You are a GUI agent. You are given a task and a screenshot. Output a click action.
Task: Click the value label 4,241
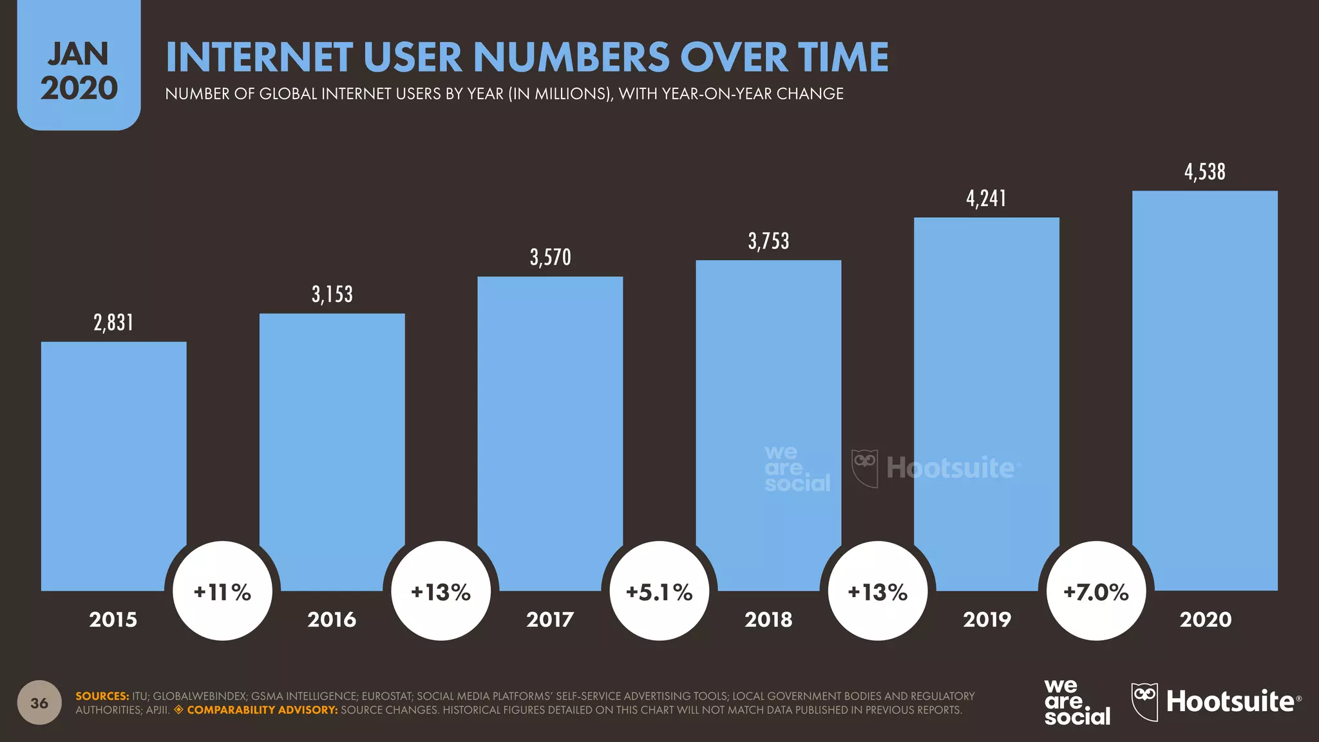coord(986,198)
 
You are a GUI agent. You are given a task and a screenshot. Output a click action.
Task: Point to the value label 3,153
coord(332,294)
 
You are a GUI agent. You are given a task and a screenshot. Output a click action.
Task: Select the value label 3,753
coord(768,242)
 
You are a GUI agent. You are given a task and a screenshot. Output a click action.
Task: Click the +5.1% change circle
coord(659,591)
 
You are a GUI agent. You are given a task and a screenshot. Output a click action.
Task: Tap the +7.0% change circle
coord(1096,591)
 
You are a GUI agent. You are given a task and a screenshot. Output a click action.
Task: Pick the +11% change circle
coord(223,591)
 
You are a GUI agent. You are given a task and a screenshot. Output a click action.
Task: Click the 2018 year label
coord(768,620)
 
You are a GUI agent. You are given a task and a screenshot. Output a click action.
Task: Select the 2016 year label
coord(332,620)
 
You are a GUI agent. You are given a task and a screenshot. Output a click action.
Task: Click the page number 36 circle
coord(39,703)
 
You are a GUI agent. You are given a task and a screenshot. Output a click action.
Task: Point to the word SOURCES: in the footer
coord(102,696)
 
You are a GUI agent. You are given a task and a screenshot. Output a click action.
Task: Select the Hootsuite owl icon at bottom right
coord(1144,701)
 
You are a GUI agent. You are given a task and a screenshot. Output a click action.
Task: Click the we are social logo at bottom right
coord(1076,702)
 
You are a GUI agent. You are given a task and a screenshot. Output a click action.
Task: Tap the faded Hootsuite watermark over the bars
coord(950,468)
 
